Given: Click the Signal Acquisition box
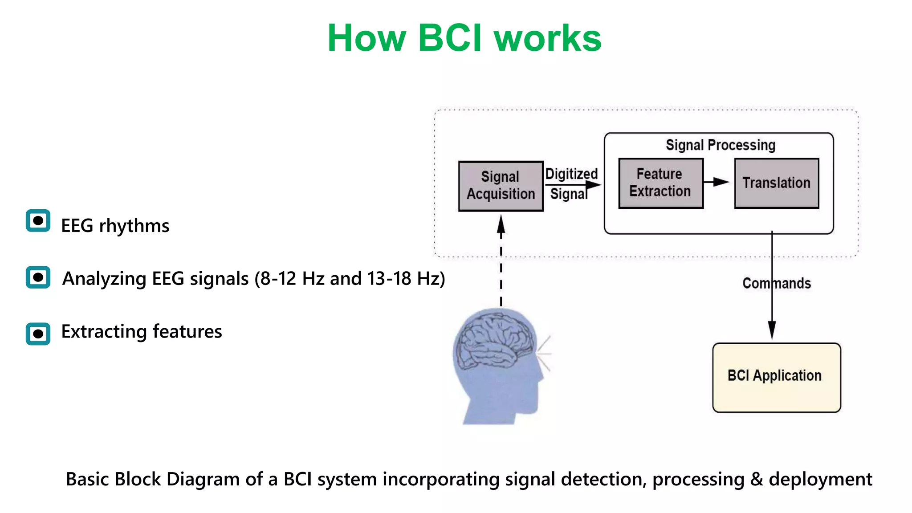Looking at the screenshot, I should click(501, 186).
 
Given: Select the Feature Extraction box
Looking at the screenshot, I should click(660, 183).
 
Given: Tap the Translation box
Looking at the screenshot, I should click(776, 183).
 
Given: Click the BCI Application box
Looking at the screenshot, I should click(776, 377).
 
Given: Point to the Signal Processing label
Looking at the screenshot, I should click(720, 145).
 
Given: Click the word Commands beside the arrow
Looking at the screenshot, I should click(776, 284).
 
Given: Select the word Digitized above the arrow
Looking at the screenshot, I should click(571, 174).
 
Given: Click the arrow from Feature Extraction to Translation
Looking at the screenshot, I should click(716, 182).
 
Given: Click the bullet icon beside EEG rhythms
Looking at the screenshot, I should click(38, 221).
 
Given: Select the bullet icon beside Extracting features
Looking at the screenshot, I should click(38, 334).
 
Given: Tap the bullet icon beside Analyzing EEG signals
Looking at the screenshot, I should click(38, 277).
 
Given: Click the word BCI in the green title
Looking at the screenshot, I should click(450, 38).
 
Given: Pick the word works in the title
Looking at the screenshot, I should click(548, 38).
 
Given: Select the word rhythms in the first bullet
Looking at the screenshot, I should click(134, 226).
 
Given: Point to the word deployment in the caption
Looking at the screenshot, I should click(820, 480).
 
